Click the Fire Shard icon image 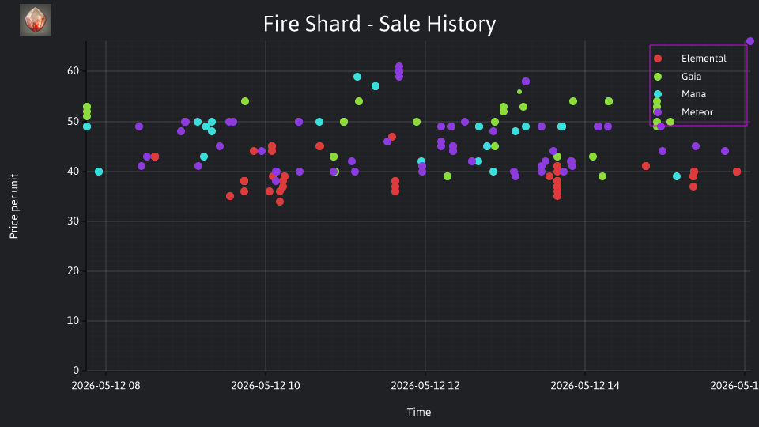(36, 20)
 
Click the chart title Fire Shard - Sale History (379, 24)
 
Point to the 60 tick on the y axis (73, 70)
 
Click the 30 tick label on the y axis (73, 221)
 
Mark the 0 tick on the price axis (76, 370)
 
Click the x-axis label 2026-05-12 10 (266, 386)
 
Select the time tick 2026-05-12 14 (585, 386)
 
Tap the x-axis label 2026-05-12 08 (105, 386)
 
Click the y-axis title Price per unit (14, 206)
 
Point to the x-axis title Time (419, 412)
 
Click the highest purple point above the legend (750, 41)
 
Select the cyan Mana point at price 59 (357, 77)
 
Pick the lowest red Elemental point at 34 (280, 202)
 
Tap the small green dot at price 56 (519, 92)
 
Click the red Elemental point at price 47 (392, 137)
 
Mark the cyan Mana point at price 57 (376, 86)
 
